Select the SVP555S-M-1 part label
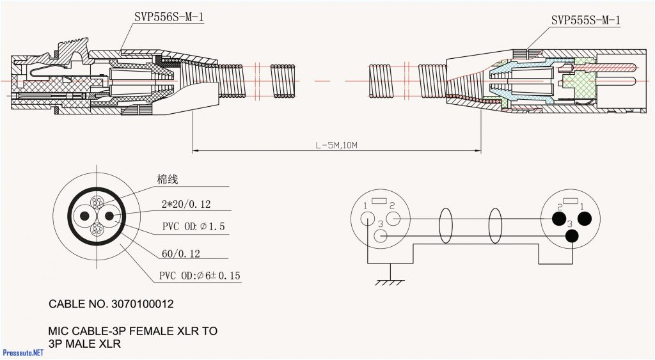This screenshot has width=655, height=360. pos(585,20)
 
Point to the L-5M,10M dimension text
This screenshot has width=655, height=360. pos(336,145)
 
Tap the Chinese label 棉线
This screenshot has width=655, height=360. pos(167,180)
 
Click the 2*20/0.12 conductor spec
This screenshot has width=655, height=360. pos(186,205)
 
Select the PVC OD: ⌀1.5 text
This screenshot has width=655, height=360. pos(193,227)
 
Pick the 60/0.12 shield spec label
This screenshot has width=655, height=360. pos(180,254)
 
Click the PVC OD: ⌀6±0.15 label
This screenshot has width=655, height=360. pos(200,276)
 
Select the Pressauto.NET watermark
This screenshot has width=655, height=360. pos(23,352)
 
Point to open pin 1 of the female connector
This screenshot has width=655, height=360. pos(368,219)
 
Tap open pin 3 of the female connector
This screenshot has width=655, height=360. pos(380,236)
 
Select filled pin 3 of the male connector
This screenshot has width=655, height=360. pos(571,236)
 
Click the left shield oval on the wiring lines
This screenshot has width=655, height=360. pos(445,226)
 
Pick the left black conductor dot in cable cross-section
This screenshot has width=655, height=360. pos(84,216)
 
